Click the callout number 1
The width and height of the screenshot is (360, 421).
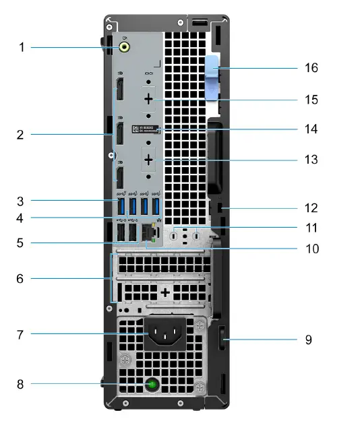(x=22, y=47)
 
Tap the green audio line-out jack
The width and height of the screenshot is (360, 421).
(x=124, y=47)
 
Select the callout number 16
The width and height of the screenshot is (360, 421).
(x=311, y=68)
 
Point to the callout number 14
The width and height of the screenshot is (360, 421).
(x=311, y=129)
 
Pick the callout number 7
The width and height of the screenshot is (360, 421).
(x=22, y=334)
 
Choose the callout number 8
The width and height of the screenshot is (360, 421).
(x=22, y=385)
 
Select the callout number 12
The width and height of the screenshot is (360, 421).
(x=311, y=208)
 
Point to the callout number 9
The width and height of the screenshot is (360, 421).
(x=309, y=339)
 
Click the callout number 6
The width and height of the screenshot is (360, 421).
(x=22, y=278)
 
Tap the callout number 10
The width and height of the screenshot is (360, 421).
(x=311, y=248)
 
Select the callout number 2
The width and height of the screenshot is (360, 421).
(x=22, y=134)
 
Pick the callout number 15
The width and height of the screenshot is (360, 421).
(x=311, y=100)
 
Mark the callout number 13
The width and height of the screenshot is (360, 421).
(x=311, y=160)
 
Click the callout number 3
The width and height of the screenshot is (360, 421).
(x=22, y=200)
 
